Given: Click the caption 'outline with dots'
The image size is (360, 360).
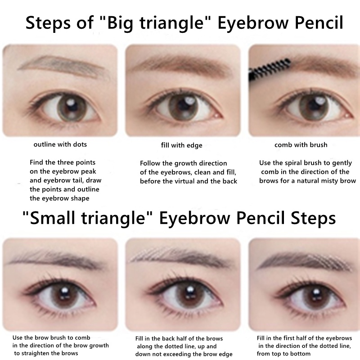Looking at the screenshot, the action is [60, 144].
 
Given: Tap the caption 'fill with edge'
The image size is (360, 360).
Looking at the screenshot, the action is [182, 145].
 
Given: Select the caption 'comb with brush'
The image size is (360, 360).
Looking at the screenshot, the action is [301, 145].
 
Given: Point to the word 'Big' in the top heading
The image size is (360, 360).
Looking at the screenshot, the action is [120, 23].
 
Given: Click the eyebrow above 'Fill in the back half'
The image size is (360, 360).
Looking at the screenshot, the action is [179, 257].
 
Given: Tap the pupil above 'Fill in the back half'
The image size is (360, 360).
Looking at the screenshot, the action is [189, 296].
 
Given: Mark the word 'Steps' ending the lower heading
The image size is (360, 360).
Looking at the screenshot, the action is [313, 219].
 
